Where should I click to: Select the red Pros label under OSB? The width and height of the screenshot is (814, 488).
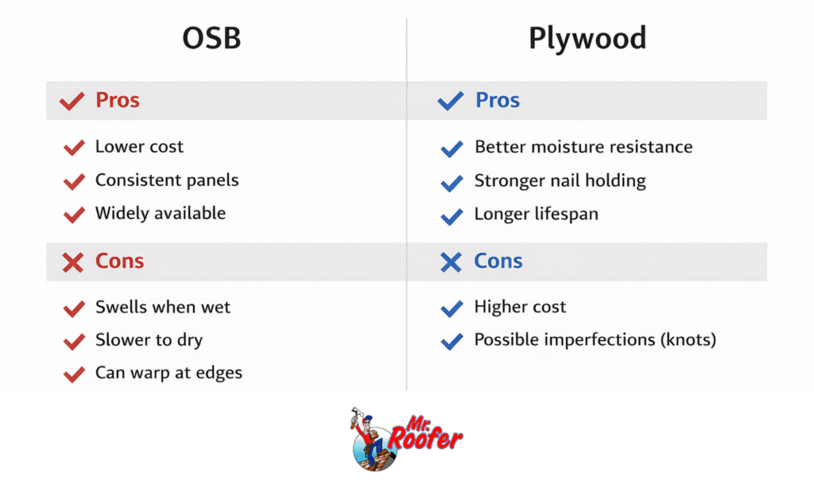point(118,100)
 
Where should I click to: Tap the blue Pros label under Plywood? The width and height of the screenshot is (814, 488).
point(498,100)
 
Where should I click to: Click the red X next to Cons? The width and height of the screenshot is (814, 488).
point(72,262)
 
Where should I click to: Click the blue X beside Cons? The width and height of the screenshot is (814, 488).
point(451,262)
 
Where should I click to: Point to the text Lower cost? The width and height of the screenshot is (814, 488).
point(139,147)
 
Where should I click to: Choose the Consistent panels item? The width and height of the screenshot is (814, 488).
point(167,180)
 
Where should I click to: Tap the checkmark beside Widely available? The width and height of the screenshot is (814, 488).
point(74,215)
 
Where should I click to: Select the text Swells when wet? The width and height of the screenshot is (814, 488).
point(163,308)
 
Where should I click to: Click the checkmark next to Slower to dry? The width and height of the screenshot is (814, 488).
point(74,342)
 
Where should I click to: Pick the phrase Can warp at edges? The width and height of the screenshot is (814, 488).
point(169,373)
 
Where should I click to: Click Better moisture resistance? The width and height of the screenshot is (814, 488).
point(583,147)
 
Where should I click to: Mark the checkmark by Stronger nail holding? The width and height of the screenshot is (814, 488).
point(452,183)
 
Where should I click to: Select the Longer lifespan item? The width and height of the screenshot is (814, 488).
point(537,215)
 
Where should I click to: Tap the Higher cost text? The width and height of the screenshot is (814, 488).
point(521,308)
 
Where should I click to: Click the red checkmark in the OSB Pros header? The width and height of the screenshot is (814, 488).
point(72,101)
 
